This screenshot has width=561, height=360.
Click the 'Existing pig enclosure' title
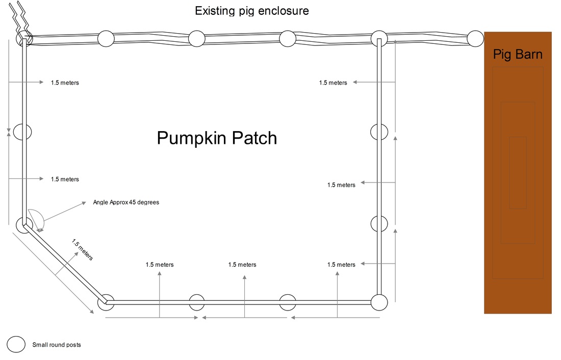[x=252, y=10]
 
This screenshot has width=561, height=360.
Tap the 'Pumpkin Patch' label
[x=217, y=138]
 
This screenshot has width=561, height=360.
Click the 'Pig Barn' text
[x=518, y=54]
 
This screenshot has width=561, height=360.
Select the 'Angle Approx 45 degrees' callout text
[x=126, y=202]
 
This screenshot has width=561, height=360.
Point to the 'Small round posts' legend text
[x=56, y=345]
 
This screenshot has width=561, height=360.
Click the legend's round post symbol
[x=16, y=345]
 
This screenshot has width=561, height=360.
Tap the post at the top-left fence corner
[x=23, y=38]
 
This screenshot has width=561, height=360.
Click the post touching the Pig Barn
[x=475, y=38]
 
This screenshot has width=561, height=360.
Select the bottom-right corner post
[x=379, y=302]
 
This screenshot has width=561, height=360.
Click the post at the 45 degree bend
[x=23, y=225]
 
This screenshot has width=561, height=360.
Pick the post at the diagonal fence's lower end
[x=107, y=302]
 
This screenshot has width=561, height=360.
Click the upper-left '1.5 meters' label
[x=65, y=83]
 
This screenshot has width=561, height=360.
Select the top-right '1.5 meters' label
[x=333, y=83]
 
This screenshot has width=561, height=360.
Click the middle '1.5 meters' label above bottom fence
[x=242, y=265]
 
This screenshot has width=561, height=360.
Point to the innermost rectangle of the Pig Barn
[x=518, y=172]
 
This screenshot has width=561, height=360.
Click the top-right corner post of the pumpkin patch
[x=379, y=38]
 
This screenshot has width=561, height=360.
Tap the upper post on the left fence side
[x=22, y=132]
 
